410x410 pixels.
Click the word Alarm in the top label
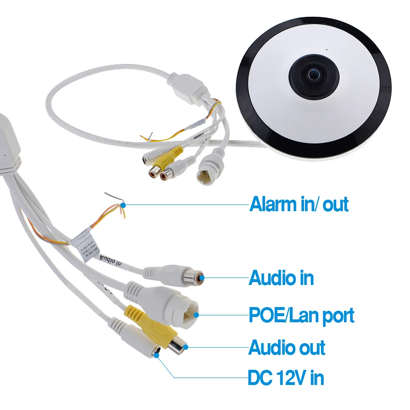273,204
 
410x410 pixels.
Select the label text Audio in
281,278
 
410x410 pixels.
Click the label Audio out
287,348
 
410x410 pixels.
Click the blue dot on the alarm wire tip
123,204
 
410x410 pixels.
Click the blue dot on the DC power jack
157,355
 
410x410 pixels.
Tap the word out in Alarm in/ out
335,204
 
